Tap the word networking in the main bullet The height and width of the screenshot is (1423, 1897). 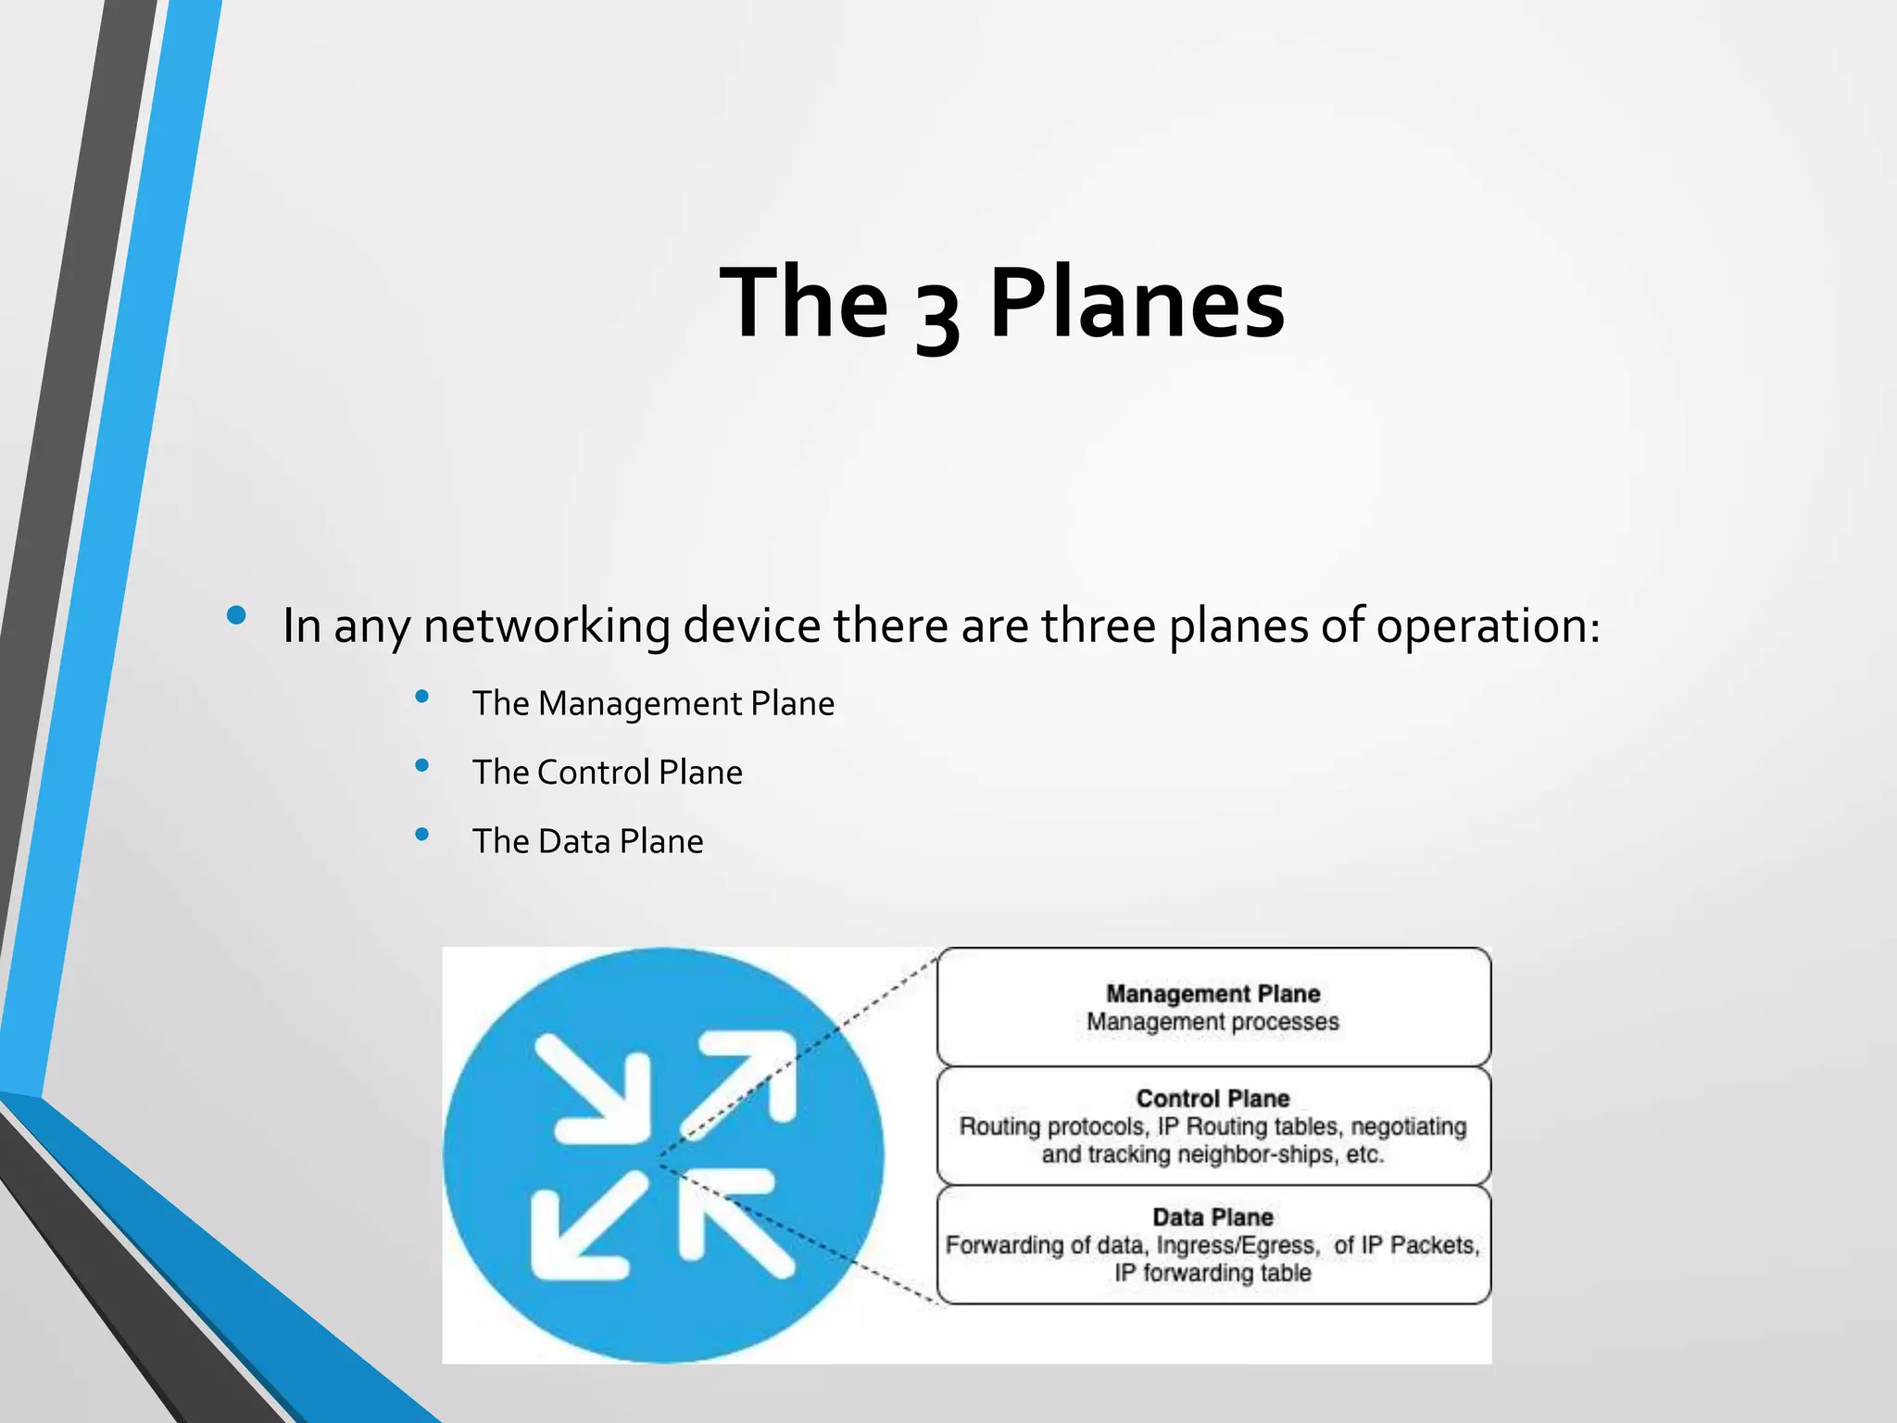tap(546, 625)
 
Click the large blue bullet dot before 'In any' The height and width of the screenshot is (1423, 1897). tap(236, 615)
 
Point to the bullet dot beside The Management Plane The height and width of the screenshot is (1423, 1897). tap(422, 697)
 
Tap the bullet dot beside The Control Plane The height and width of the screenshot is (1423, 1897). tap(422, 765)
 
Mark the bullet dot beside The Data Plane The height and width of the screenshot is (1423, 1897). tap(422, 834)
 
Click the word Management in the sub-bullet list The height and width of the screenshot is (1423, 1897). tap(640, 704)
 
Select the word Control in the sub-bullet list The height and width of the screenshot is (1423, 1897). tap(593, 773)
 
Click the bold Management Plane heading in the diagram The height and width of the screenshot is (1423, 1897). tap(1212, 994)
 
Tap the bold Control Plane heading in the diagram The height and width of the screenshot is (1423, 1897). tap(1212, 1099)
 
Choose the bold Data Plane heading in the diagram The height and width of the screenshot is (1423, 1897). tap(1212, 1217)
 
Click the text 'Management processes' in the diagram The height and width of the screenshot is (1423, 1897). tap(1212, 1022)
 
